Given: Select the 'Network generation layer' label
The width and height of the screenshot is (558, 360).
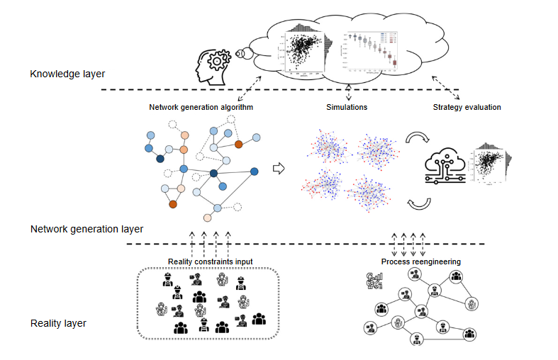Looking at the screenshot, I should [87, 229].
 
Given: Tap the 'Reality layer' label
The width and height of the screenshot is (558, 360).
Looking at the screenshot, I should [58, 323].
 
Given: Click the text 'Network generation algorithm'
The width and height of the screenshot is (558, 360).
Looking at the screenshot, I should [201, 108].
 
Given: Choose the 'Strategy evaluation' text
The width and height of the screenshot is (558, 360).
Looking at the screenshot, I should [467, 108].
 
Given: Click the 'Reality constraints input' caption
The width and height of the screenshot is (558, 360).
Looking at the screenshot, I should [210, 261].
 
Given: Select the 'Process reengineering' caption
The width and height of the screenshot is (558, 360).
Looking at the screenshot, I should [420, 261].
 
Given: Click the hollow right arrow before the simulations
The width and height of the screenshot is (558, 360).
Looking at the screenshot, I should [278, 168].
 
